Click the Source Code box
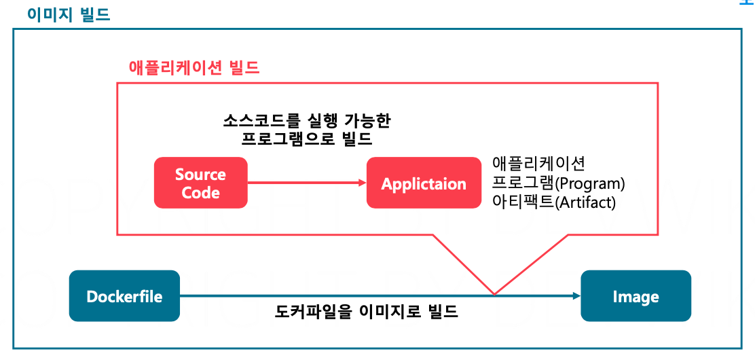[201, 183]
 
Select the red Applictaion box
[424, 183]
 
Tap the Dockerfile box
[124, 296]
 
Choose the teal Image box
[636, 296]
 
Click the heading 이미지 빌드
[68, 15]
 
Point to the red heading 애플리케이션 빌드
[194, 68]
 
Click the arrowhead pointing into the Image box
[576, 295]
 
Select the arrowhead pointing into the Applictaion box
[361, 183]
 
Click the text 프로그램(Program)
[558, 183]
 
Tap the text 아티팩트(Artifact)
[553, 202]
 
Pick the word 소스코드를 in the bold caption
[255, 121]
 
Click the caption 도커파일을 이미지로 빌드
[367, 312]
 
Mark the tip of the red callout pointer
[494, 294]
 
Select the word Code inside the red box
[201, 192]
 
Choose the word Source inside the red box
[200, 174]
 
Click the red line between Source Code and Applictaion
[302, 183]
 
